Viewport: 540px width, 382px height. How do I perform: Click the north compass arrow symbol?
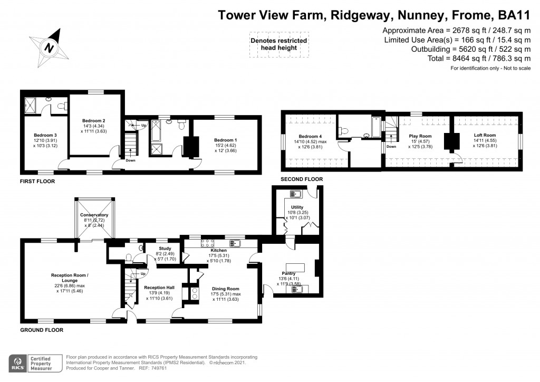click(49, 47)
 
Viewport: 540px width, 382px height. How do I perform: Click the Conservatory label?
click(94, 215)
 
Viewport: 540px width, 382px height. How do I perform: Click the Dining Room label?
click(226, 289)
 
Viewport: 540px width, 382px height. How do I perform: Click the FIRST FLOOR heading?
click(37, 181)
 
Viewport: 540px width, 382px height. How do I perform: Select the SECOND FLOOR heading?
click(301, 179)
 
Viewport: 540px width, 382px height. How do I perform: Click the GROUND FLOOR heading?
click(42, 330)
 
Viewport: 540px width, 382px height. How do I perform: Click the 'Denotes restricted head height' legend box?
click(278, 44)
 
